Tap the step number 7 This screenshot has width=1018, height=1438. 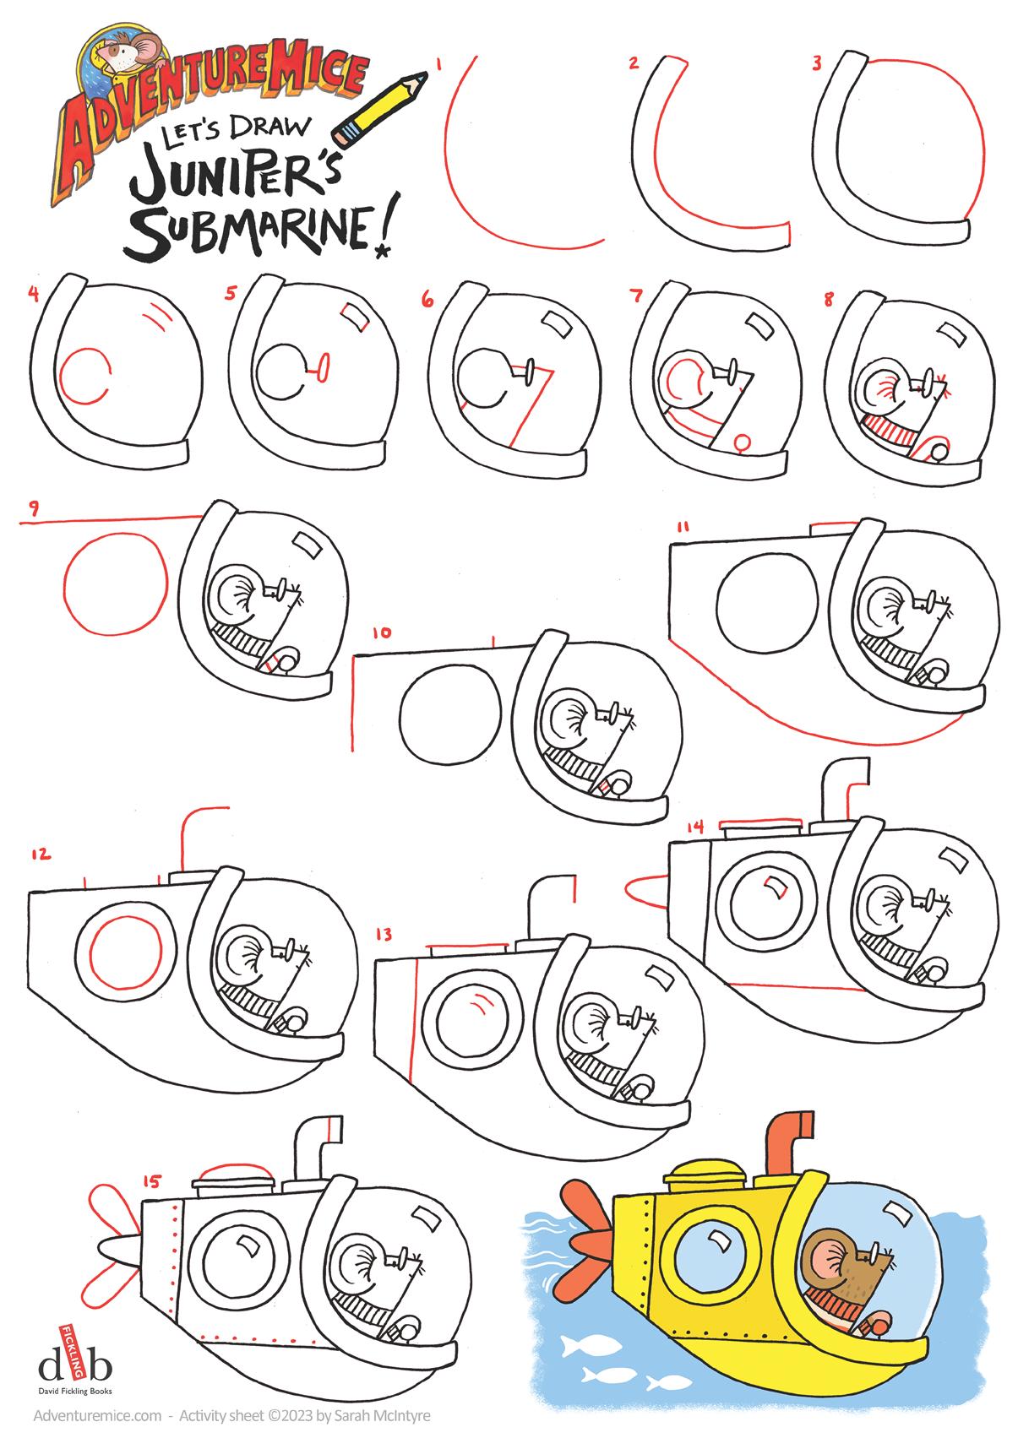[636, 295]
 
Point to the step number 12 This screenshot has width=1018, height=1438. [40, 854]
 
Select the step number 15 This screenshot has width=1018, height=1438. [151, 1181]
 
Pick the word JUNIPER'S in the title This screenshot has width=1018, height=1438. [237, 169]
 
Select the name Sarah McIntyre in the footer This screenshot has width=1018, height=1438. [382, 1415]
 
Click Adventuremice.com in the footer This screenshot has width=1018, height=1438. [98, 1415]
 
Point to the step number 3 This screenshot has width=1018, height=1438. [817, 63]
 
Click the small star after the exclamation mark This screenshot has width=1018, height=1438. [384, 252]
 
